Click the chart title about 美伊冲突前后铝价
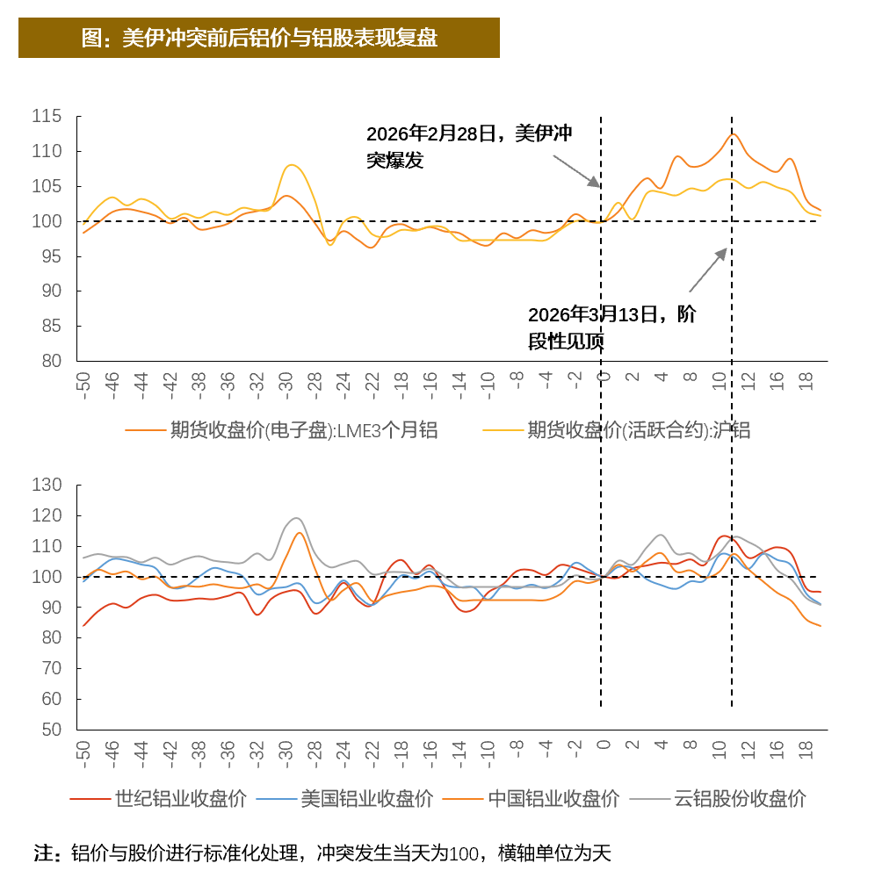[x=259, y=39]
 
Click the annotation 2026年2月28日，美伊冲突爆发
[x=468, y=147]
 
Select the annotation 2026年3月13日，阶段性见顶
[x=611, y=327]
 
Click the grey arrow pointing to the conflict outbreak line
[x=576, y=171]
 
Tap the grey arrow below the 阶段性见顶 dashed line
[x=708, y=269]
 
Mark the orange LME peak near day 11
[x=732, y=133]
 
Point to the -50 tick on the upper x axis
[x=85, y=385]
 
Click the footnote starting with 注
[x=322, y=853]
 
